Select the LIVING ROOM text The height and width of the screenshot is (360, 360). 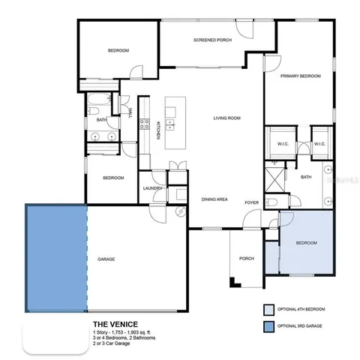click(226, 118)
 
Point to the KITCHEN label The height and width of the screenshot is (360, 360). click(157, 132)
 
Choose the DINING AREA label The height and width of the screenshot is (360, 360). click(214, 199)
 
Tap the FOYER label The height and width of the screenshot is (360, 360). click(251, 202)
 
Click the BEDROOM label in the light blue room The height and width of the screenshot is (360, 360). click(306, 243)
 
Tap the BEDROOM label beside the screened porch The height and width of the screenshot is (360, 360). click(118, 50)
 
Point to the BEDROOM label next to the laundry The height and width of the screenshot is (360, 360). click(112, 178)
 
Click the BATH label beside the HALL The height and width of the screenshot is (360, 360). click(100, 119)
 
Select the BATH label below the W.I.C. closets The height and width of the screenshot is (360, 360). click(306, 177)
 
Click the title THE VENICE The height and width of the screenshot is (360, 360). click(115, 325)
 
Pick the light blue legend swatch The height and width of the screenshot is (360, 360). click(268, 308)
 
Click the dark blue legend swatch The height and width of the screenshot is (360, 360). click(268, 326)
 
